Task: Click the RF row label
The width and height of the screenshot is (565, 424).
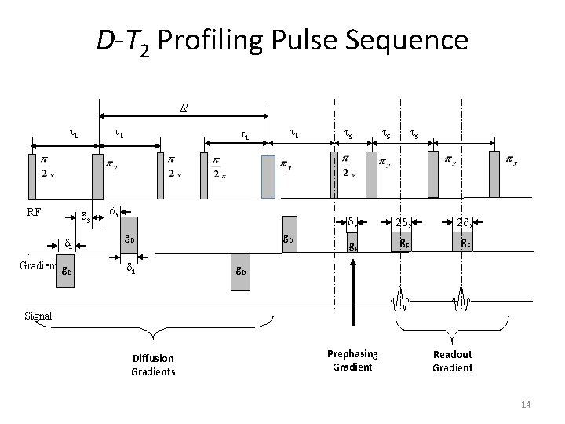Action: pos(35,211)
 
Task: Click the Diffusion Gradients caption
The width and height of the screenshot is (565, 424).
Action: pos(153,365)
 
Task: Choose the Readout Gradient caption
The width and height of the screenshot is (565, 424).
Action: pos(453,360)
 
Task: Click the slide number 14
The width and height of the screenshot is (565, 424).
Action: pos(526,404)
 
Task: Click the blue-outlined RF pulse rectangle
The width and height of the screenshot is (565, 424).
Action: pos(268,177)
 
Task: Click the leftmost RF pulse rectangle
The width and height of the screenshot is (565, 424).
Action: pos(33,177)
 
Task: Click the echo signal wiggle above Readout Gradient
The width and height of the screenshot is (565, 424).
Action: pos(456,302)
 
